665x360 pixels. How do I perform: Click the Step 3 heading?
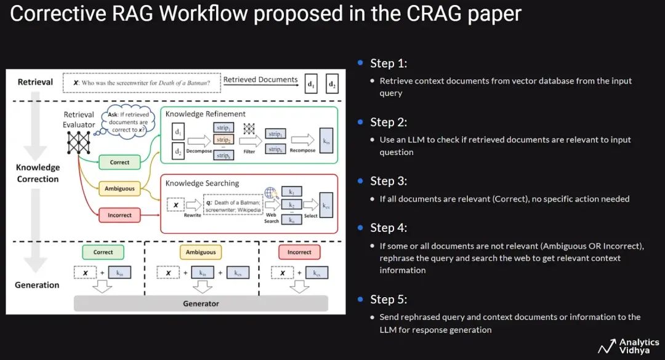point(389,181)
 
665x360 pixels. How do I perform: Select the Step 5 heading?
point(389,299)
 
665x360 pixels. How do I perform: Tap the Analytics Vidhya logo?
point(624,346)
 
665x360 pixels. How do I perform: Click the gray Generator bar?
point(201,303)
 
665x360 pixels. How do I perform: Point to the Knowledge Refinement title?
point(206,114)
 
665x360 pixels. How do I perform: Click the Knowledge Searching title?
point(203,183)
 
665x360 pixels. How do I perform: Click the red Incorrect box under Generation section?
point(299,252)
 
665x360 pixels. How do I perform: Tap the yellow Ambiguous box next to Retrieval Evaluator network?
point(119,188)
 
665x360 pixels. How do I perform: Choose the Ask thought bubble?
point(127,122)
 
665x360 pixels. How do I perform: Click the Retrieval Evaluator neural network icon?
point(79,143)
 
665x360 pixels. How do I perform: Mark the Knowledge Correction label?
point(38,173)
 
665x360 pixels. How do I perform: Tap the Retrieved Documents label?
point(260,79)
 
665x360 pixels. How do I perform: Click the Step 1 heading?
point(389,63)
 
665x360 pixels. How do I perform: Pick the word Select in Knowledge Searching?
point(311,216)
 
